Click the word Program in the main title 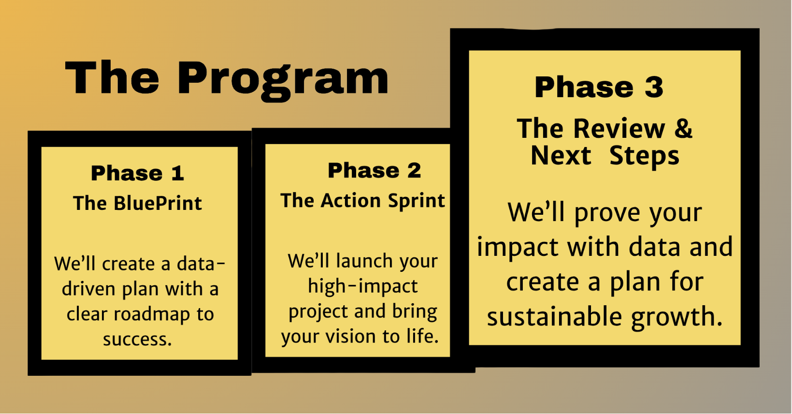tap(283, 81)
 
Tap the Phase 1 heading tap(138, 173)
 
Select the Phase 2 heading tap(374, 170)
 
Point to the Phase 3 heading tap(599, 87)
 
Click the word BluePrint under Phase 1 tap(158, 203)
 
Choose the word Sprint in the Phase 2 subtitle tap(416, 201)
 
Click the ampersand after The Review tap(683, 128)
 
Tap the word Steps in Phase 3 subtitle tap(644, 156)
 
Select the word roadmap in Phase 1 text tap(152, 314)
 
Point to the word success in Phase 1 tap(137, 340)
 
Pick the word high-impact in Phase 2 tap(363, 286)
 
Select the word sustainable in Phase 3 tap(554, 316)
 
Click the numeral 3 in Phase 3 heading tap(654, 87)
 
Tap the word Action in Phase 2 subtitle tap(351, 201)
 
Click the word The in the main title tap(112, 78)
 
